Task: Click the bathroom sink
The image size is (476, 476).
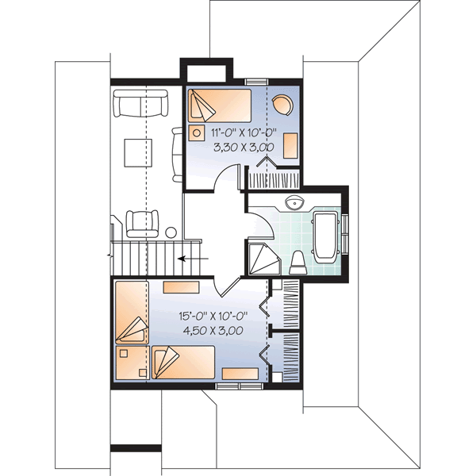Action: (294, 202)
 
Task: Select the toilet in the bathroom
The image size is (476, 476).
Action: (297, 259)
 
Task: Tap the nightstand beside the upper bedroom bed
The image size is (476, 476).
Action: (195, 132)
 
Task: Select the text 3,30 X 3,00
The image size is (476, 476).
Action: (244, 147)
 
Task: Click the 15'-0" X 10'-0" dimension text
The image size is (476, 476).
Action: (211, 315)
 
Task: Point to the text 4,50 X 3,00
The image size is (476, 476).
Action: (211, 329)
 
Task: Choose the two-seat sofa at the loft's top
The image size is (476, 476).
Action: (140, 103)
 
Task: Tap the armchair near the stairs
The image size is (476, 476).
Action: (142, 221)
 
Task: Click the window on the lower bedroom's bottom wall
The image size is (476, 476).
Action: (239, 386)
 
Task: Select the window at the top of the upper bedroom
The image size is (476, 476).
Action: (255, 81)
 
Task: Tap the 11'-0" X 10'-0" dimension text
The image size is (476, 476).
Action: (244, 132)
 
